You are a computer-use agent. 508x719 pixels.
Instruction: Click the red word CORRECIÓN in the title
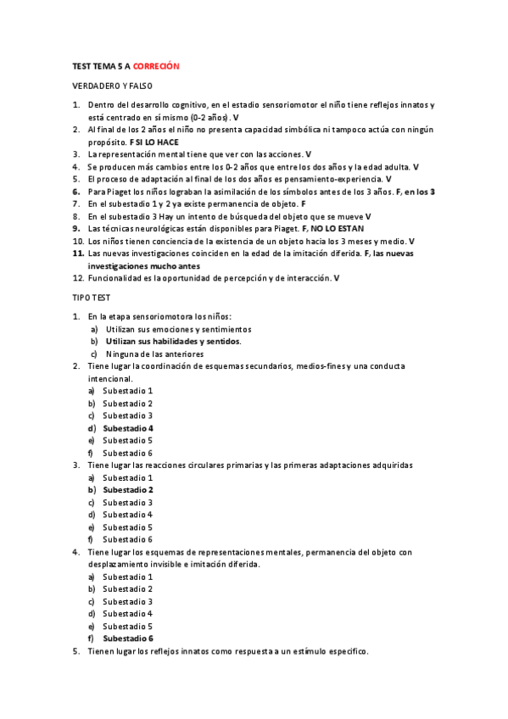click(157, 66)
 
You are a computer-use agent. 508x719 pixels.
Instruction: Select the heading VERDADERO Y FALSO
click(112, 86)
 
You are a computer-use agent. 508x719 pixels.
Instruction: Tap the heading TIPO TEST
click(90, 298)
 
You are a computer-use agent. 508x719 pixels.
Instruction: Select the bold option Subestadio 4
click(127, 428)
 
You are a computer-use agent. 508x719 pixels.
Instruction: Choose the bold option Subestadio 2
click(127, 490)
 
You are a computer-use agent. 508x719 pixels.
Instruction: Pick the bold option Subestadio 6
click(127, 638)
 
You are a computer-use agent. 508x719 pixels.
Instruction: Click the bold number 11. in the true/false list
click(77, 254)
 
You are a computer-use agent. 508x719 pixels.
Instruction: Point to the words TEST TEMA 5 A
click(100, 66)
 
